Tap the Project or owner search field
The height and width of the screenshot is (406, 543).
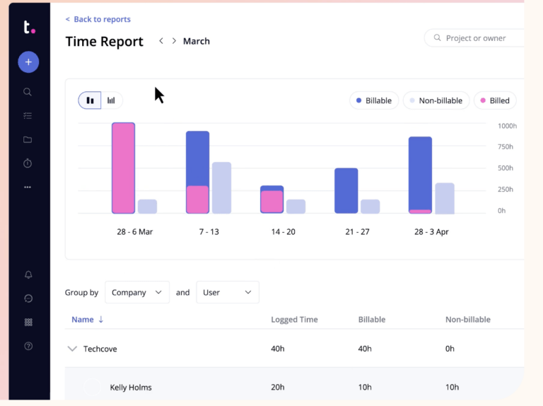pyautogui.click(x=475, y=38)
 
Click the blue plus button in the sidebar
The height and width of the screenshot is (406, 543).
pyautogui.click(x=28, y=62)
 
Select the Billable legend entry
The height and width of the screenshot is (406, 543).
pyautogui.click(x=374, y=100)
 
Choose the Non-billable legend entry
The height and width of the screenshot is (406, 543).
pyautogui.click(x=436, y=100)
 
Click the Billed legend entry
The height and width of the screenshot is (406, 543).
pyautogui.click(x=495, y=100)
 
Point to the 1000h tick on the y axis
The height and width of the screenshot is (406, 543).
pyautogui.click(x=506, y=126)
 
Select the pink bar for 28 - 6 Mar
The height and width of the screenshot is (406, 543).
pyautogui.click(x=123, y=168)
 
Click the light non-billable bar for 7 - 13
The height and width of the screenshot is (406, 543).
pyautogui.click(x=221, y=187)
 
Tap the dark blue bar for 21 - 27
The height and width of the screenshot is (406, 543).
pyautogui.click(x=346, y=190)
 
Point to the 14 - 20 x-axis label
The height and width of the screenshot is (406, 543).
pyautogui.click(x=283, y=232)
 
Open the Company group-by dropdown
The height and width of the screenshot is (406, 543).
pyautogui.click(x=137, y=292)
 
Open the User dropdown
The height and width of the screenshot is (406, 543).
pyautogui.click(x=227, y=292)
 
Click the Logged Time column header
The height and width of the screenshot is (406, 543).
pyautogui.click(x=294, y=320)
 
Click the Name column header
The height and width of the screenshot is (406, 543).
pyautogui.click(x=83, y=320)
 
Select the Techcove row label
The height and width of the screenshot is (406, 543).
pyautogui.click(x=100, y=349)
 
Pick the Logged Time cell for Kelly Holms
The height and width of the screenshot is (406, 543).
pyautogui.click(x=278, y=387)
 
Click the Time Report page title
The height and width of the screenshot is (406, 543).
pyautogui.click(x=105, y=42)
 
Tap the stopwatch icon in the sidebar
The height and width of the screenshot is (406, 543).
pyautogui.click(x=28, y=163)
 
